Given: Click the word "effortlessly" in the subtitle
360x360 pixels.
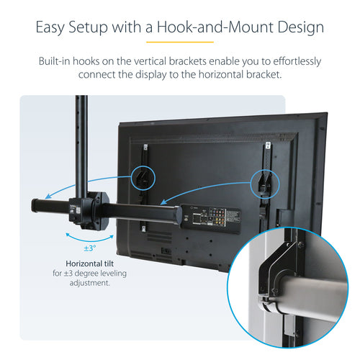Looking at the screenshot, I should [291, 61].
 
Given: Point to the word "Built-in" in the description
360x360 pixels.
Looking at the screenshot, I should [59, 61].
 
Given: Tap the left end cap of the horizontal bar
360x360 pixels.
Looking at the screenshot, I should [34, 205].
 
